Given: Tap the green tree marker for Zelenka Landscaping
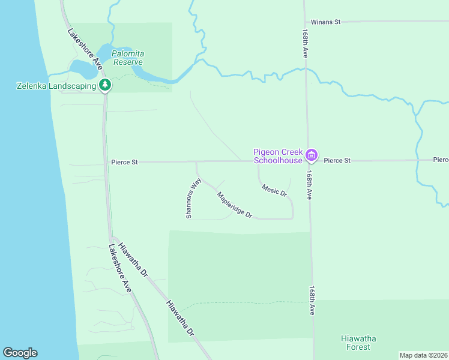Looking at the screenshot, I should (106, 85).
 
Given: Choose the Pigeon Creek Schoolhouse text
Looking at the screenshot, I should (279, 156).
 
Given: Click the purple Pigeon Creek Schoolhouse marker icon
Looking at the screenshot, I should (311, 156).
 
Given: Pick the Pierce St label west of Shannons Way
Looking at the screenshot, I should (124, 162).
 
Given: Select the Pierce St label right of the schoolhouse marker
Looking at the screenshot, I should (337, 161).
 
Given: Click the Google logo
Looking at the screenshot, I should (20, 353).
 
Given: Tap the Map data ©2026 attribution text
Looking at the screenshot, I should (423, 355).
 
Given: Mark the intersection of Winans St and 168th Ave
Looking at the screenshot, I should (305, 22).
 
